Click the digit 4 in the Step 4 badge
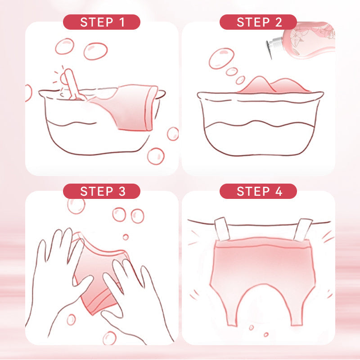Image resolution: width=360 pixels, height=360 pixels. pos(279,191)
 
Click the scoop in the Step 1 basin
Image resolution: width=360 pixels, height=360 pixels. pos(73,85)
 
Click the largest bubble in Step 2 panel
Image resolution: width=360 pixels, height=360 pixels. pos(221,58)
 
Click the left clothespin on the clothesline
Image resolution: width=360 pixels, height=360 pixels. pos(222,229)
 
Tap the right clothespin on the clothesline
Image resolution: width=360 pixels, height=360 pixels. pos(302,230)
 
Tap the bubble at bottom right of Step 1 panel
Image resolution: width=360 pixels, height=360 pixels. pos(156,156)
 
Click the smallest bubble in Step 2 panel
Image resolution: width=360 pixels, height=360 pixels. pos(240,80)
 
